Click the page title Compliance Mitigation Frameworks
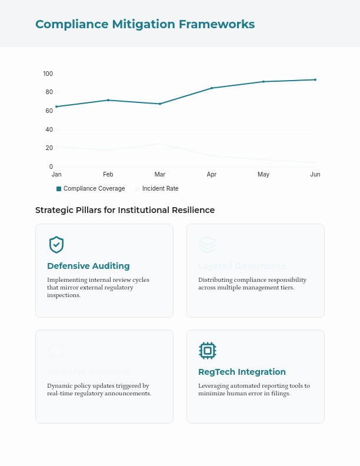(145, 24)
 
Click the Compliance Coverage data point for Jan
(56, 106)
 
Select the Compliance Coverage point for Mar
(160, 104)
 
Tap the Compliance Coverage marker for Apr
(212, 88)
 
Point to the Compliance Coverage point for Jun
(315, 79)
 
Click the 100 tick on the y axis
(48, 74)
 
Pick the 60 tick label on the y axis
(49, 111)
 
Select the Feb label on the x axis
(108, 175)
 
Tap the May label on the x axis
(264, 175)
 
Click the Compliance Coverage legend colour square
(59, 189)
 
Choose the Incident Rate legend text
(160, 189)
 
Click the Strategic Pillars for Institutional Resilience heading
(125, 210)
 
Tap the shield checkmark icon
(56, 245)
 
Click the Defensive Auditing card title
(88, 266)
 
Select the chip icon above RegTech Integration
(207, 351)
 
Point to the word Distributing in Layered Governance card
(216, 280)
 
